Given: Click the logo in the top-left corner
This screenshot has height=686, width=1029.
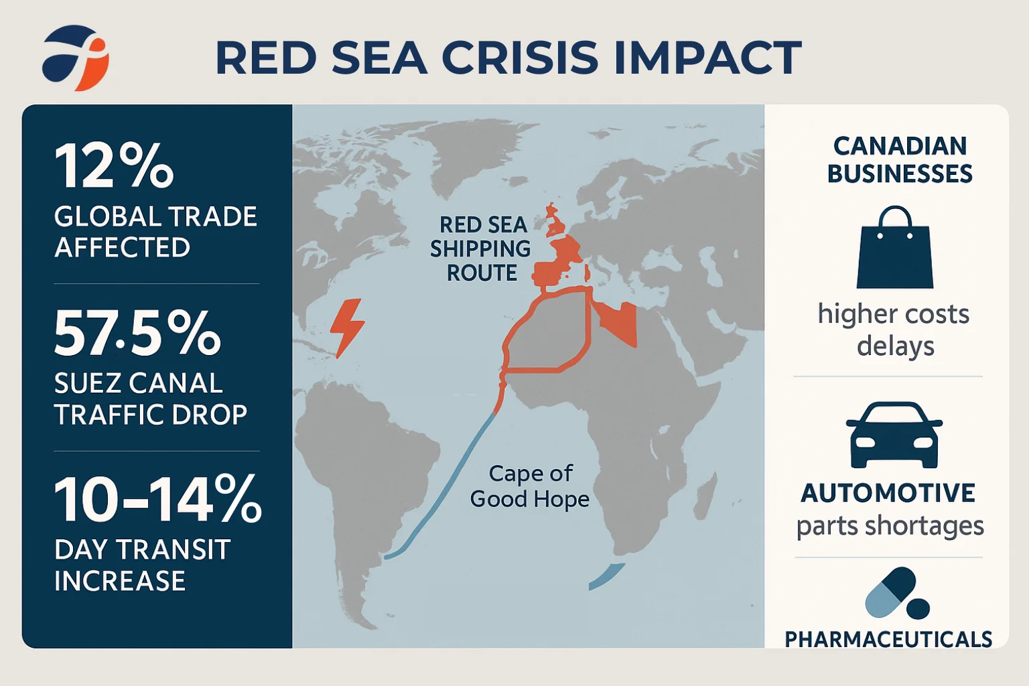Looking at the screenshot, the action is pyautogui.click(x=76, y=58).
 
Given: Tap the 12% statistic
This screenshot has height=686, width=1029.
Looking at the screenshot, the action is pyautogui.click(x=114, y=165).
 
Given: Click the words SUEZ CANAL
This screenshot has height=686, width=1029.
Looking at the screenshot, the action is pyautogui.click(x=138, y=384).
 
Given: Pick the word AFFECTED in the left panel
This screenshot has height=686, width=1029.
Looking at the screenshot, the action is pyautogui.click(x=122, y=248).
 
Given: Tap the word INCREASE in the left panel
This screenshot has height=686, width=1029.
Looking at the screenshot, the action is pyautogui.click(x=120, y=581).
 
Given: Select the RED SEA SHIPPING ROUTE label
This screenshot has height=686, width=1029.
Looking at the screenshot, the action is pyautogui.click(x=481, y=249).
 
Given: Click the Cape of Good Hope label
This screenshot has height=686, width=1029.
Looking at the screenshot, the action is pyautogui.click(x=530, y=486).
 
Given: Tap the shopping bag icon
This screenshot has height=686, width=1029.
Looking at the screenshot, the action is pyautogui.click(x=895, y=247).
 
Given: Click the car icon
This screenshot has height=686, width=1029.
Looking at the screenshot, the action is pyautogui.click(x=894, y=435).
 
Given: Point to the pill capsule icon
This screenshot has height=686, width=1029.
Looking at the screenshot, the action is pyautogui.click(x=897, y=593).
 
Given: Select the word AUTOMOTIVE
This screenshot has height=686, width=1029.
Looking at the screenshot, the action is pyautogui.click(x=888, y=493).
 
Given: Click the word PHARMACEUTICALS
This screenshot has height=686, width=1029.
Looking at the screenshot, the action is pyautogui.click(x=888, y=639).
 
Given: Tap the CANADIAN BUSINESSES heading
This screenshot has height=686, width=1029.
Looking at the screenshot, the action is pyautogui.click(x=900, y=160).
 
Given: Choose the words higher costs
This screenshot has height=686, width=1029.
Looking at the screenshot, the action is pyautogui.click(x=894, y=315).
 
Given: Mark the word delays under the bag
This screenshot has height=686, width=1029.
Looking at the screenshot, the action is pyautogui.click(x=895, y=346).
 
